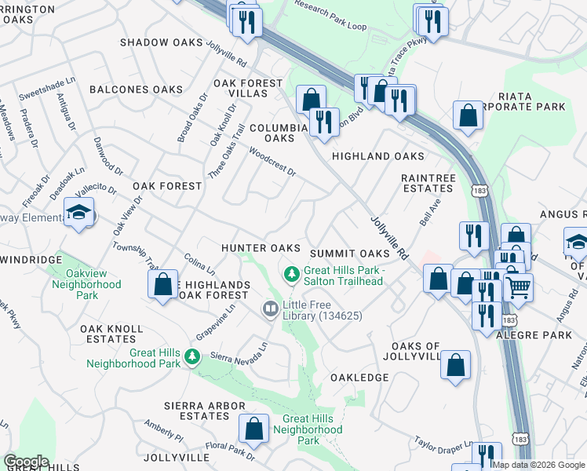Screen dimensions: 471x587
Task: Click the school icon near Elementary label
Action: [79, 212]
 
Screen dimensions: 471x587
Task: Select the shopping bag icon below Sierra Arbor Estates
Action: [253, 429]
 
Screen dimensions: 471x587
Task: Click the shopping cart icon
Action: [518, 288]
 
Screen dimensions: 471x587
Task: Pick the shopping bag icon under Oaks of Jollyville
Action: [456, 365]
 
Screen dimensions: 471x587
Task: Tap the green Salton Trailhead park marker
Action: [291, 273]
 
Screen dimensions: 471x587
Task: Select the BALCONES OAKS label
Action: [136, 89]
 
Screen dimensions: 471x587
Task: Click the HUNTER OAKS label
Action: [261, 247]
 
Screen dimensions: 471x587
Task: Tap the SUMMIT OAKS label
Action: [349, 254]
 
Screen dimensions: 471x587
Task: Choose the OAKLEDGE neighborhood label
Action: [359, 378]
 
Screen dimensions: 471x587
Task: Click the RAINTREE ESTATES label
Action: [428, 183]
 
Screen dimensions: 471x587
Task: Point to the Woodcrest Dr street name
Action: [272, 161]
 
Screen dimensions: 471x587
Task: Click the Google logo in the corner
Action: [26, 462]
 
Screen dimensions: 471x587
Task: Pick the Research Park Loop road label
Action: [330, 15]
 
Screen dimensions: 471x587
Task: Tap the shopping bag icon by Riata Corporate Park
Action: [469, 115]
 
